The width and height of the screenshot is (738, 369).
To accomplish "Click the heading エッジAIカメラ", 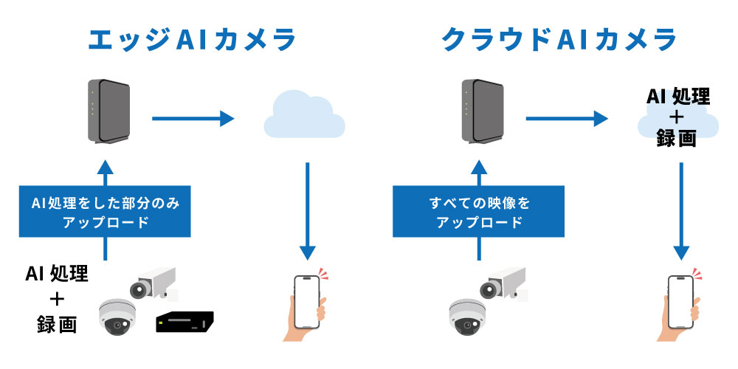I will point(191,40).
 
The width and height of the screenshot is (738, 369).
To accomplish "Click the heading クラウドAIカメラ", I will point(559,40).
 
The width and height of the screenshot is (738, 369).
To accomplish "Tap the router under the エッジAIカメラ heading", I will point(107,111).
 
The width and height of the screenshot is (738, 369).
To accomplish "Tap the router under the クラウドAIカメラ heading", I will point(480,111).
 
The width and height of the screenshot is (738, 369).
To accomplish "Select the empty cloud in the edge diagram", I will point(304,114).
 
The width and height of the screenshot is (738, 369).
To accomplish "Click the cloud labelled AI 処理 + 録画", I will point(677,118).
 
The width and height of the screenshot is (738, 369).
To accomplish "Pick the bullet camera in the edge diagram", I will point(152,282).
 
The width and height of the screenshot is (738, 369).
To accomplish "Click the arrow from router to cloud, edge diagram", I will point(193,117).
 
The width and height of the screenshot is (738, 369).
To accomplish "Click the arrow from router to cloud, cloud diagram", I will point(566,117).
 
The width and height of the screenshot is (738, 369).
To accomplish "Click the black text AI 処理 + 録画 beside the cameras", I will point(57,299).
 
